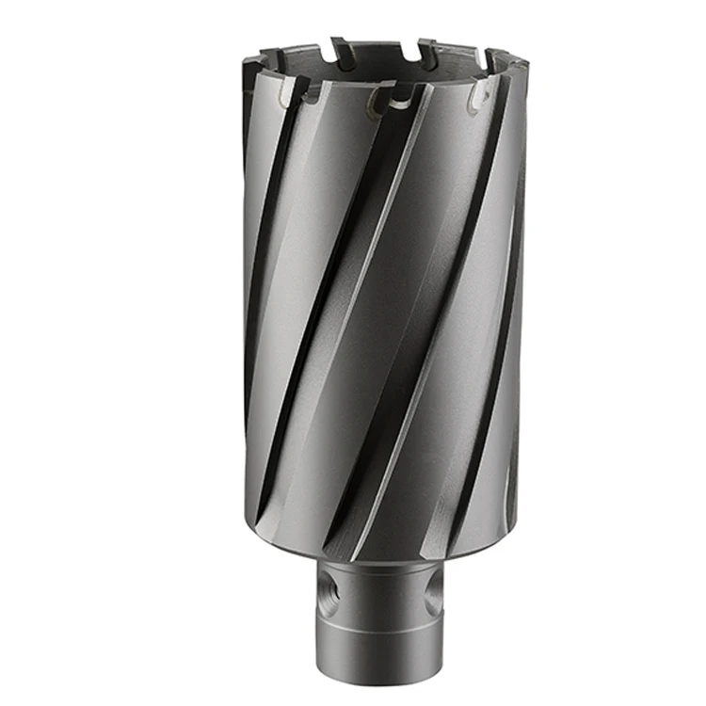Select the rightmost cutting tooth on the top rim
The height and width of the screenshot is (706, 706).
pyautogui.click(x=517, y=71)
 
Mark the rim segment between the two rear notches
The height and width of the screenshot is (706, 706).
pyautogui.click(x=383, y=47)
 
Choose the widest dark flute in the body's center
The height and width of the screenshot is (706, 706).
pyautogui.click(x=377, y=311)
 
